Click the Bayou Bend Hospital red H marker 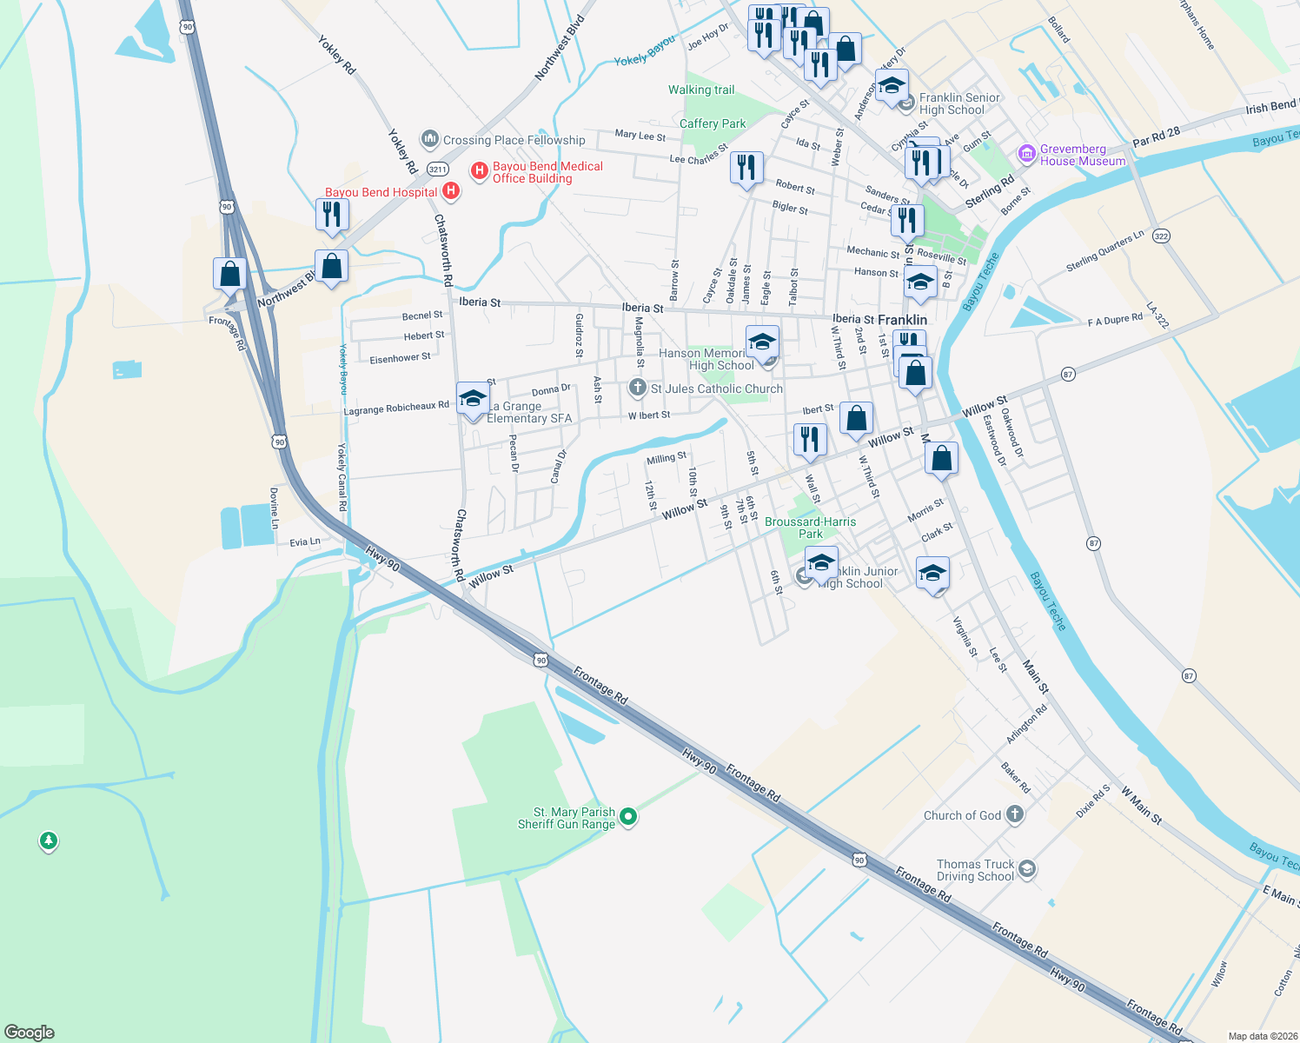tap(450, 190)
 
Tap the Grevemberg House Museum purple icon tap(1027, 155)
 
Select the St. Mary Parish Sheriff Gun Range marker tap(628, 817)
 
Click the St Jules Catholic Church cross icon tap(637, 388)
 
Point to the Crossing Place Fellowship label tap(514, 140)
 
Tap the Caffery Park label tap(713, 123)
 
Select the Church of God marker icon tap(1014, 814)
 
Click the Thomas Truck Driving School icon tap(1027, 869)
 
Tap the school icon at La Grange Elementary tap(473, 399)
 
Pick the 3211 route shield tap(437, 169)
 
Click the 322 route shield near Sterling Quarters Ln tap(1162, 236)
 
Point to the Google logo tap(30, 1032)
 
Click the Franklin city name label tap(902, 320)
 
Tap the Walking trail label tap(701, 90)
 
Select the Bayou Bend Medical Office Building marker tap(479, 171)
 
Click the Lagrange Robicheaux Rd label tap(396, 408)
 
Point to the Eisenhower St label tap(400, 358)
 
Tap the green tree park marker tap(49, 840)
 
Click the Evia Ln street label tap(305, 542)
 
